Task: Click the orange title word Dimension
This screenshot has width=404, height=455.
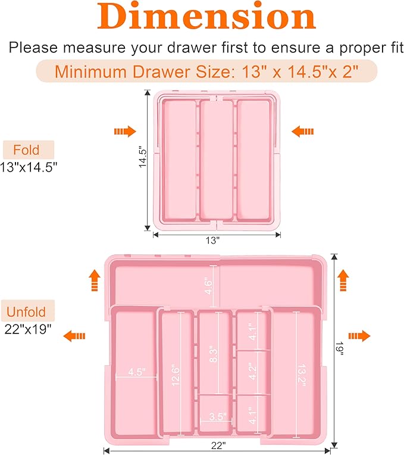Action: (x=206, y=16)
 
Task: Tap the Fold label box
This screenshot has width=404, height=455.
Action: (x=29, y=149)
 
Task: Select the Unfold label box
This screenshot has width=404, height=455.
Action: (x=28, y=311)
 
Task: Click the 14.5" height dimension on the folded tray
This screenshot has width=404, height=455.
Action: (x=143, y=157)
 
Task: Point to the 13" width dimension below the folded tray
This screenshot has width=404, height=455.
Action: (x=213, y=240)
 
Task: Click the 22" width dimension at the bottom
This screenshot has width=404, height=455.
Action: (x=218, y=445)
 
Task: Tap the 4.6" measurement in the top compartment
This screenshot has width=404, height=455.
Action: (x=208, y=286)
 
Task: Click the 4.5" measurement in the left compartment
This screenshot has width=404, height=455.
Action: (x=137, y=372)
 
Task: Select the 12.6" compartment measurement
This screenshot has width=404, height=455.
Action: (x=176, y=375)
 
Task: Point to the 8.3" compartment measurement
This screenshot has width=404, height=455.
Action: (x=213, y=354)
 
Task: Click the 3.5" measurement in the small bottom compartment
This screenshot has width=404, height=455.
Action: (x=218, y=416)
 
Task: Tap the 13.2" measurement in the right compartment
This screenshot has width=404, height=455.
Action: (x=302, y=375)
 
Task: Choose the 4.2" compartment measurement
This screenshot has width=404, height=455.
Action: (x=252, y=371)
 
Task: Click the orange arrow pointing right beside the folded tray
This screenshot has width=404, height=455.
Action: (x=125, y=132)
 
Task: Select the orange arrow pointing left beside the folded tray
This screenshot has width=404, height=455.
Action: (x=303, y=132)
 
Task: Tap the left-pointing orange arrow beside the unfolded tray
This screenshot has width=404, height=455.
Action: (x=74, y=336)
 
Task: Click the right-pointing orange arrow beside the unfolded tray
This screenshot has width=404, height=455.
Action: (x=359, y=336)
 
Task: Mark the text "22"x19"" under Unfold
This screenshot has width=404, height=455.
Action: (x=28, y=329)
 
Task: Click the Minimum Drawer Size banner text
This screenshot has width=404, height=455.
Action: (x=206, y=71)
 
